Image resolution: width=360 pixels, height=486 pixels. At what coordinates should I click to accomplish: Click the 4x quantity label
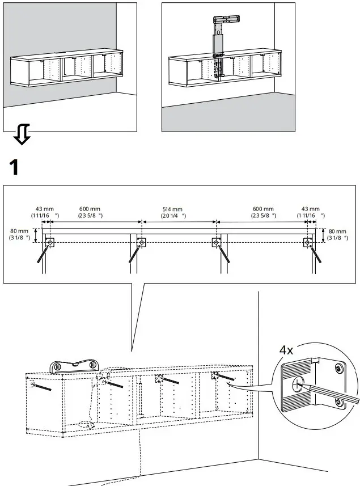(x=287, y=350)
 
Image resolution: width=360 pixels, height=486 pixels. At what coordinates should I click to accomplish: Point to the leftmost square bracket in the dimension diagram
(x=50, y=243)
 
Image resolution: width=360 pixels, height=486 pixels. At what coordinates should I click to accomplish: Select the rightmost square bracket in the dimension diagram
(x=307, y=243)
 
